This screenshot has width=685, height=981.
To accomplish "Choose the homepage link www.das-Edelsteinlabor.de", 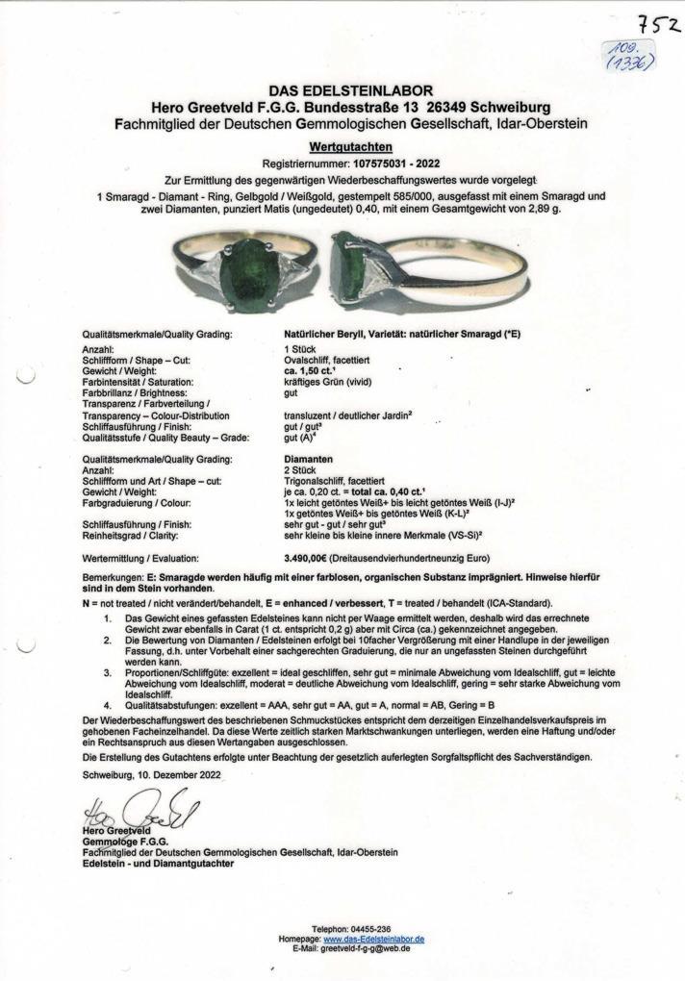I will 373,938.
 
